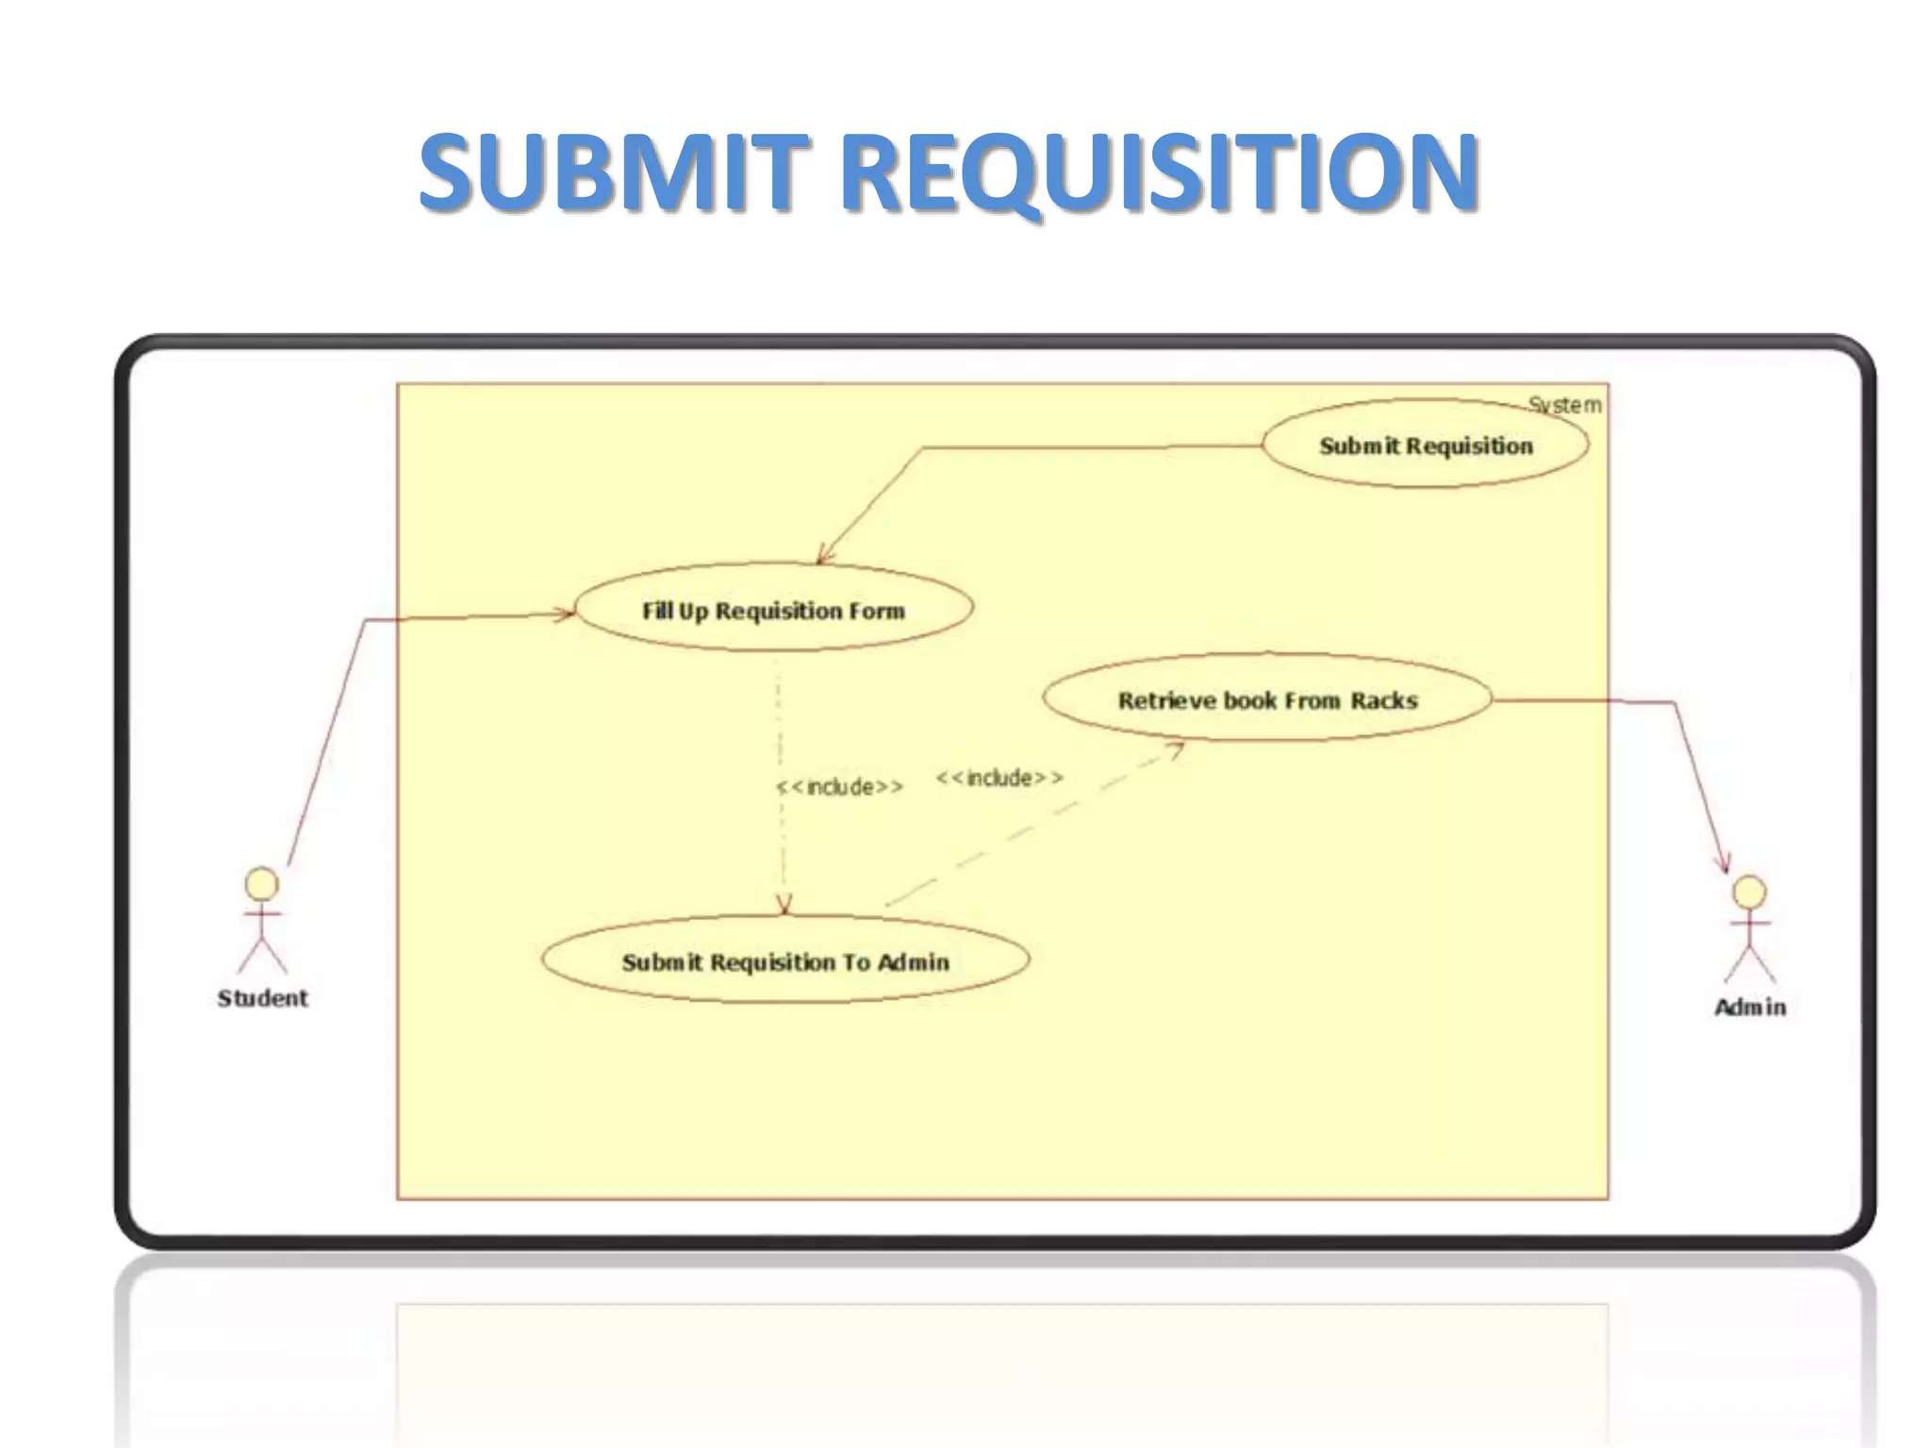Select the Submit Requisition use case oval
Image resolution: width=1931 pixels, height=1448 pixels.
coord(1425,444)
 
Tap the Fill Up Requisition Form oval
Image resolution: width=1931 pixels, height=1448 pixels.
coord(773,609)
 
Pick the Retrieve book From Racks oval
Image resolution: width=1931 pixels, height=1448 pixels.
coord(1267,699)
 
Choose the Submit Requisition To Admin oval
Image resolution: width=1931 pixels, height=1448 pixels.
coord(784,961)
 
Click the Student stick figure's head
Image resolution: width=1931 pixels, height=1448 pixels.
coord(261,883)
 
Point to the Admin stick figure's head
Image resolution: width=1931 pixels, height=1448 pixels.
coord(1749,892)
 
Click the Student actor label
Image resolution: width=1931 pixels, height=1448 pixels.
coord(262,997)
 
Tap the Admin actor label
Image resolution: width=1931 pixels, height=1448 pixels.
coord(1750,1007)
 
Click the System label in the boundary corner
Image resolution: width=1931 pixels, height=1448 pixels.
coord(1565,405)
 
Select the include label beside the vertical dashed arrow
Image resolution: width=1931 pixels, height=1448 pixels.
coord(839,786)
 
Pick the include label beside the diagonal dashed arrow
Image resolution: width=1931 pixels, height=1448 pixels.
coord(999,778)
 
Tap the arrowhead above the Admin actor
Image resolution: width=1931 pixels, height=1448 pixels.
coord(1725,863)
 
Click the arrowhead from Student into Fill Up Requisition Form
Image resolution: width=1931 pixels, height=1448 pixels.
coord(565,615)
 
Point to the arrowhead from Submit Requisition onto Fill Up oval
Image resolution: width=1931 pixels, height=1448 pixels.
coord(824,556)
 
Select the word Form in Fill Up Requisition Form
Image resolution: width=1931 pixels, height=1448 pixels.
coord(876,611)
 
